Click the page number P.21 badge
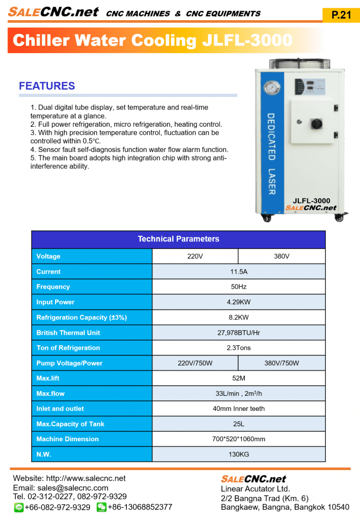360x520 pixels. pos(341,15)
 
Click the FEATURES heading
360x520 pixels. pos(46,86)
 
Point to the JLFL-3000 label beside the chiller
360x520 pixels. pos(312,200)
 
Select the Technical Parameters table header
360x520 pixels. pos(178,239)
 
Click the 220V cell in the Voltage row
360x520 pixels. pos(195,256)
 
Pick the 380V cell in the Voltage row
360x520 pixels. pos(281,256)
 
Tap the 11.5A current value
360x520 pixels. pos(238,272)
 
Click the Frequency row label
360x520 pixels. pos(53,287)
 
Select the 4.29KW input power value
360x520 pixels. pos(238,302)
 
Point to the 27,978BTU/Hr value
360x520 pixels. pos(238,333)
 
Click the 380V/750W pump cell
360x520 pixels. pos(281,363)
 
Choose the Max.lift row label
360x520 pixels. pos(48,378)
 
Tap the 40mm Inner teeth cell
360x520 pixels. pos(238,408)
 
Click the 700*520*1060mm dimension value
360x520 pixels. pos(238,439)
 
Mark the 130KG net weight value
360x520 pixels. pos(238,454)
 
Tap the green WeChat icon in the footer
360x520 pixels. pos(101,507)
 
